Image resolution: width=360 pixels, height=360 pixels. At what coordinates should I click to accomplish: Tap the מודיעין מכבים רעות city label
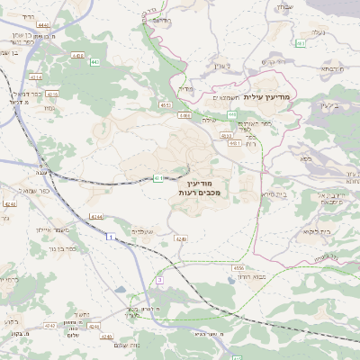pyautogui.click(x=213, y=186)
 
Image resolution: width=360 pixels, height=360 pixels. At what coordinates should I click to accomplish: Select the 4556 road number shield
pyautogui.click(x=238, y=267)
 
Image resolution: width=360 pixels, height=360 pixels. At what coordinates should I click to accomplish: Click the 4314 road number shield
pyautogui.click(x=35, y=77)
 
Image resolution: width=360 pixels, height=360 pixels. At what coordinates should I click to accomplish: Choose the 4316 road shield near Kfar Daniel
pyautogui.click(x=51, y=94)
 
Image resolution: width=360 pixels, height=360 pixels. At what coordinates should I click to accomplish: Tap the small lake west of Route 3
pyautogui.click(x=121, y=291)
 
